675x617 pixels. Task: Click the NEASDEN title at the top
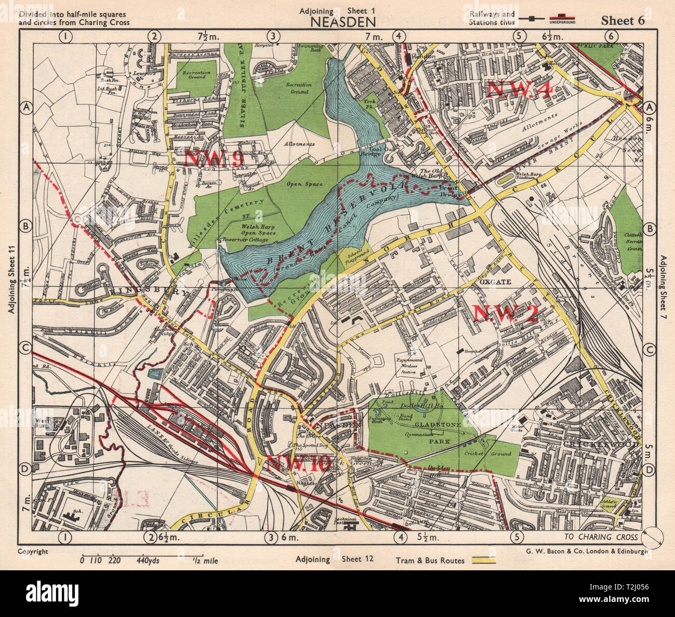click(x=343, y=21)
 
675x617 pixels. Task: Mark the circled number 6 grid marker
click(x=612, y=36)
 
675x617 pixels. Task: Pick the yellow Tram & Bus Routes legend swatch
click(x=483, y=560)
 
